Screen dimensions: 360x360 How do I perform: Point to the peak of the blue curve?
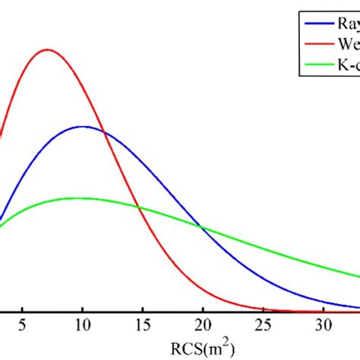tap(83, 126)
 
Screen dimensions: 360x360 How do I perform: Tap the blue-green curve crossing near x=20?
tap(201, 226)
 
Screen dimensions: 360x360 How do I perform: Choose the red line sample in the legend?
tap(318, 44)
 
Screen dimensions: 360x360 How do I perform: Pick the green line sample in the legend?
tap(318, 65)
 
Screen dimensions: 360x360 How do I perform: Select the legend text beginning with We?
tap(348, 44)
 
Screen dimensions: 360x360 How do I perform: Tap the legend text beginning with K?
tap(348, 65)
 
